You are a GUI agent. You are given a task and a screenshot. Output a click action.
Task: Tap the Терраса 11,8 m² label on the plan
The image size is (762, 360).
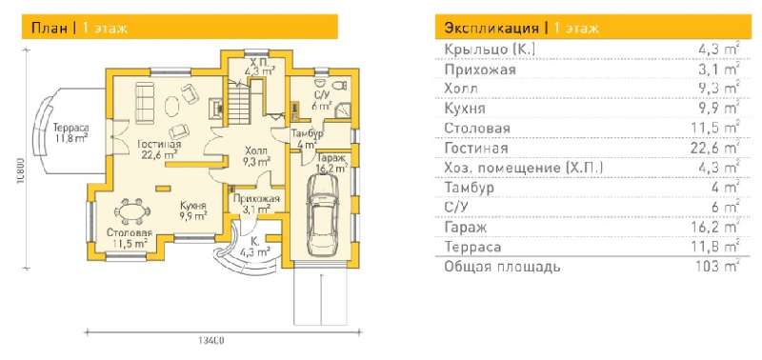(70, 132)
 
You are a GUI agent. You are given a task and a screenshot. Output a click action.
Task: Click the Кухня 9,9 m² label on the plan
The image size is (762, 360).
(194, 210)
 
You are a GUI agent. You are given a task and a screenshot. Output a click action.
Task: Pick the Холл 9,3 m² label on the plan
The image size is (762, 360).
(256, 156)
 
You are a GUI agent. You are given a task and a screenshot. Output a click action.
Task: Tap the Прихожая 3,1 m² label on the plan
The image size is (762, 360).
(256, 204)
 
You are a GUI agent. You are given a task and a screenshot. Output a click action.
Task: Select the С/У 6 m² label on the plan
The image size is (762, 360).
(321, 100)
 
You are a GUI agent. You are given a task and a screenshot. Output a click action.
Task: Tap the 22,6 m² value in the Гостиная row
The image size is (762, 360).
(718, 148)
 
